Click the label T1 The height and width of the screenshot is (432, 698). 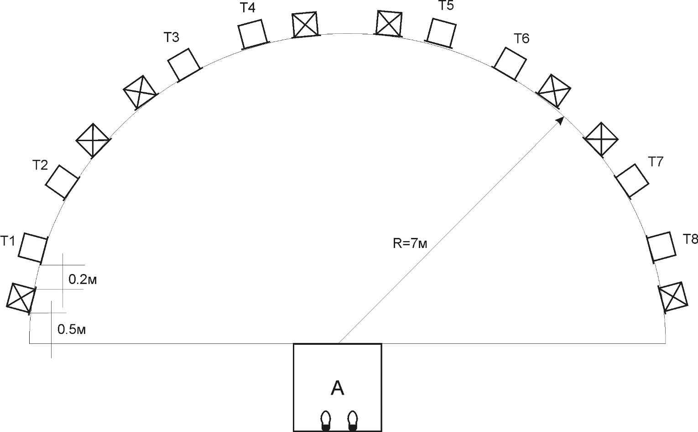(x=7, y=241)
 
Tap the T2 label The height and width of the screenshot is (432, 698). (x=40, y=165)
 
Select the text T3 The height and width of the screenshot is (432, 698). (x=172, y=37)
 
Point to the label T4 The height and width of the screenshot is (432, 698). (x=248, y=8)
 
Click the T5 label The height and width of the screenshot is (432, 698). (x=446, y=5)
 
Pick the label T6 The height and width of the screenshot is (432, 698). (x=521, y=38)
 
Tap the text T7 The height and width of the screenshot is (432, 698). (x=656, y=162)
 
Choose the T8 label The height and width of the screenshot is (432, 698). (x=690, y=239)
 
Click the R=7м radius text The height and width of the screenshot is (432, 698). (x=410, y=243)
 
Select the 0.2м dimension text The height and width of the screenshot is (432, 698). (x=83, y=280)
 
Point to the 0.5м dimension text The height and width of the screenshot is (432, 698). (x=72, y=329)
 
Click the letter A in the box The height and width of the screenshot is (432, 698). (x=338, y=389)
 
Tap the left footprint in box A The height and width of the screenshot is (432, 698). (x=326, y=421)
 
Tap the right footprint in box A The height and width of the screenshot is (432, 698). (x=353, y=421)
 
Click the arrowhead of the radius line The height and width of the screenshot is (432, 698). (x=560, y=121)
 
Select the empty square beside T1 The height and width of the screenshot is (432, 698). (x=33, y=248)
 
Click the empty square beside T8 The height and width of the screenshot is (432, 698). (x=662, y=247)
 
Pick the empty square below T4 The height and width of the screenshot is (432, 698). (x=253, y=34)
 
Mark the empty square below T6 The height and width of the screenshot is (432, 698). (x=510, y=63)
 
